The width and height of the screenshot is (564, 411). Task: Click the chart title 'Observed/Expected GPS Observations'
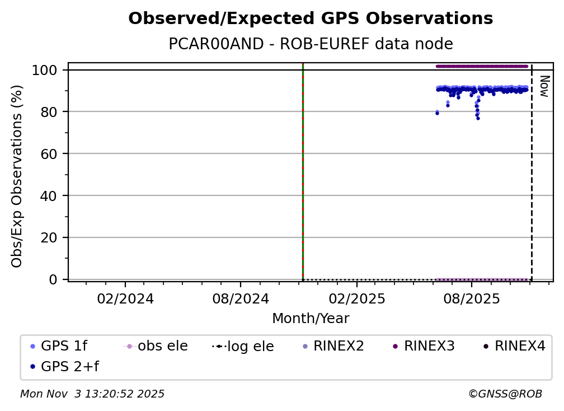click(311, 19)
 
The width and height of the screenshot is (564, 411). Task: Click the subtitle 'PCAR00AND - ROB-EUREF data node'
click(311, 44)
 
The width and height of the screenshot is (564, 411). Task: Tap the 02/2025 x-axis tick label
click(355, 298)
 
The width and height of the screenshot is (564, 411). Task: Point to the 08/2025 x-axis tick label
click(471, 298)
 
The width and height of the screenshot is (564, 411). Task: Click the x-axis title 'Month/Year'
click(311, 319)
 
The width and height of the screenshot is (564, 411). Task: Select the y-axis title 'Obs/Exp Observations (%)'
click(17, 176)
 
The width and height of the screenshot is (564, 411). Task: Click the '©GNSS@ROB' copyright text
click(505, 394)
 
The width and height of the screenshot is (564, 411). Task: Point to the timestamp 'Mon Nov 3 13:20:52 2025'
click(92, 394)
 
